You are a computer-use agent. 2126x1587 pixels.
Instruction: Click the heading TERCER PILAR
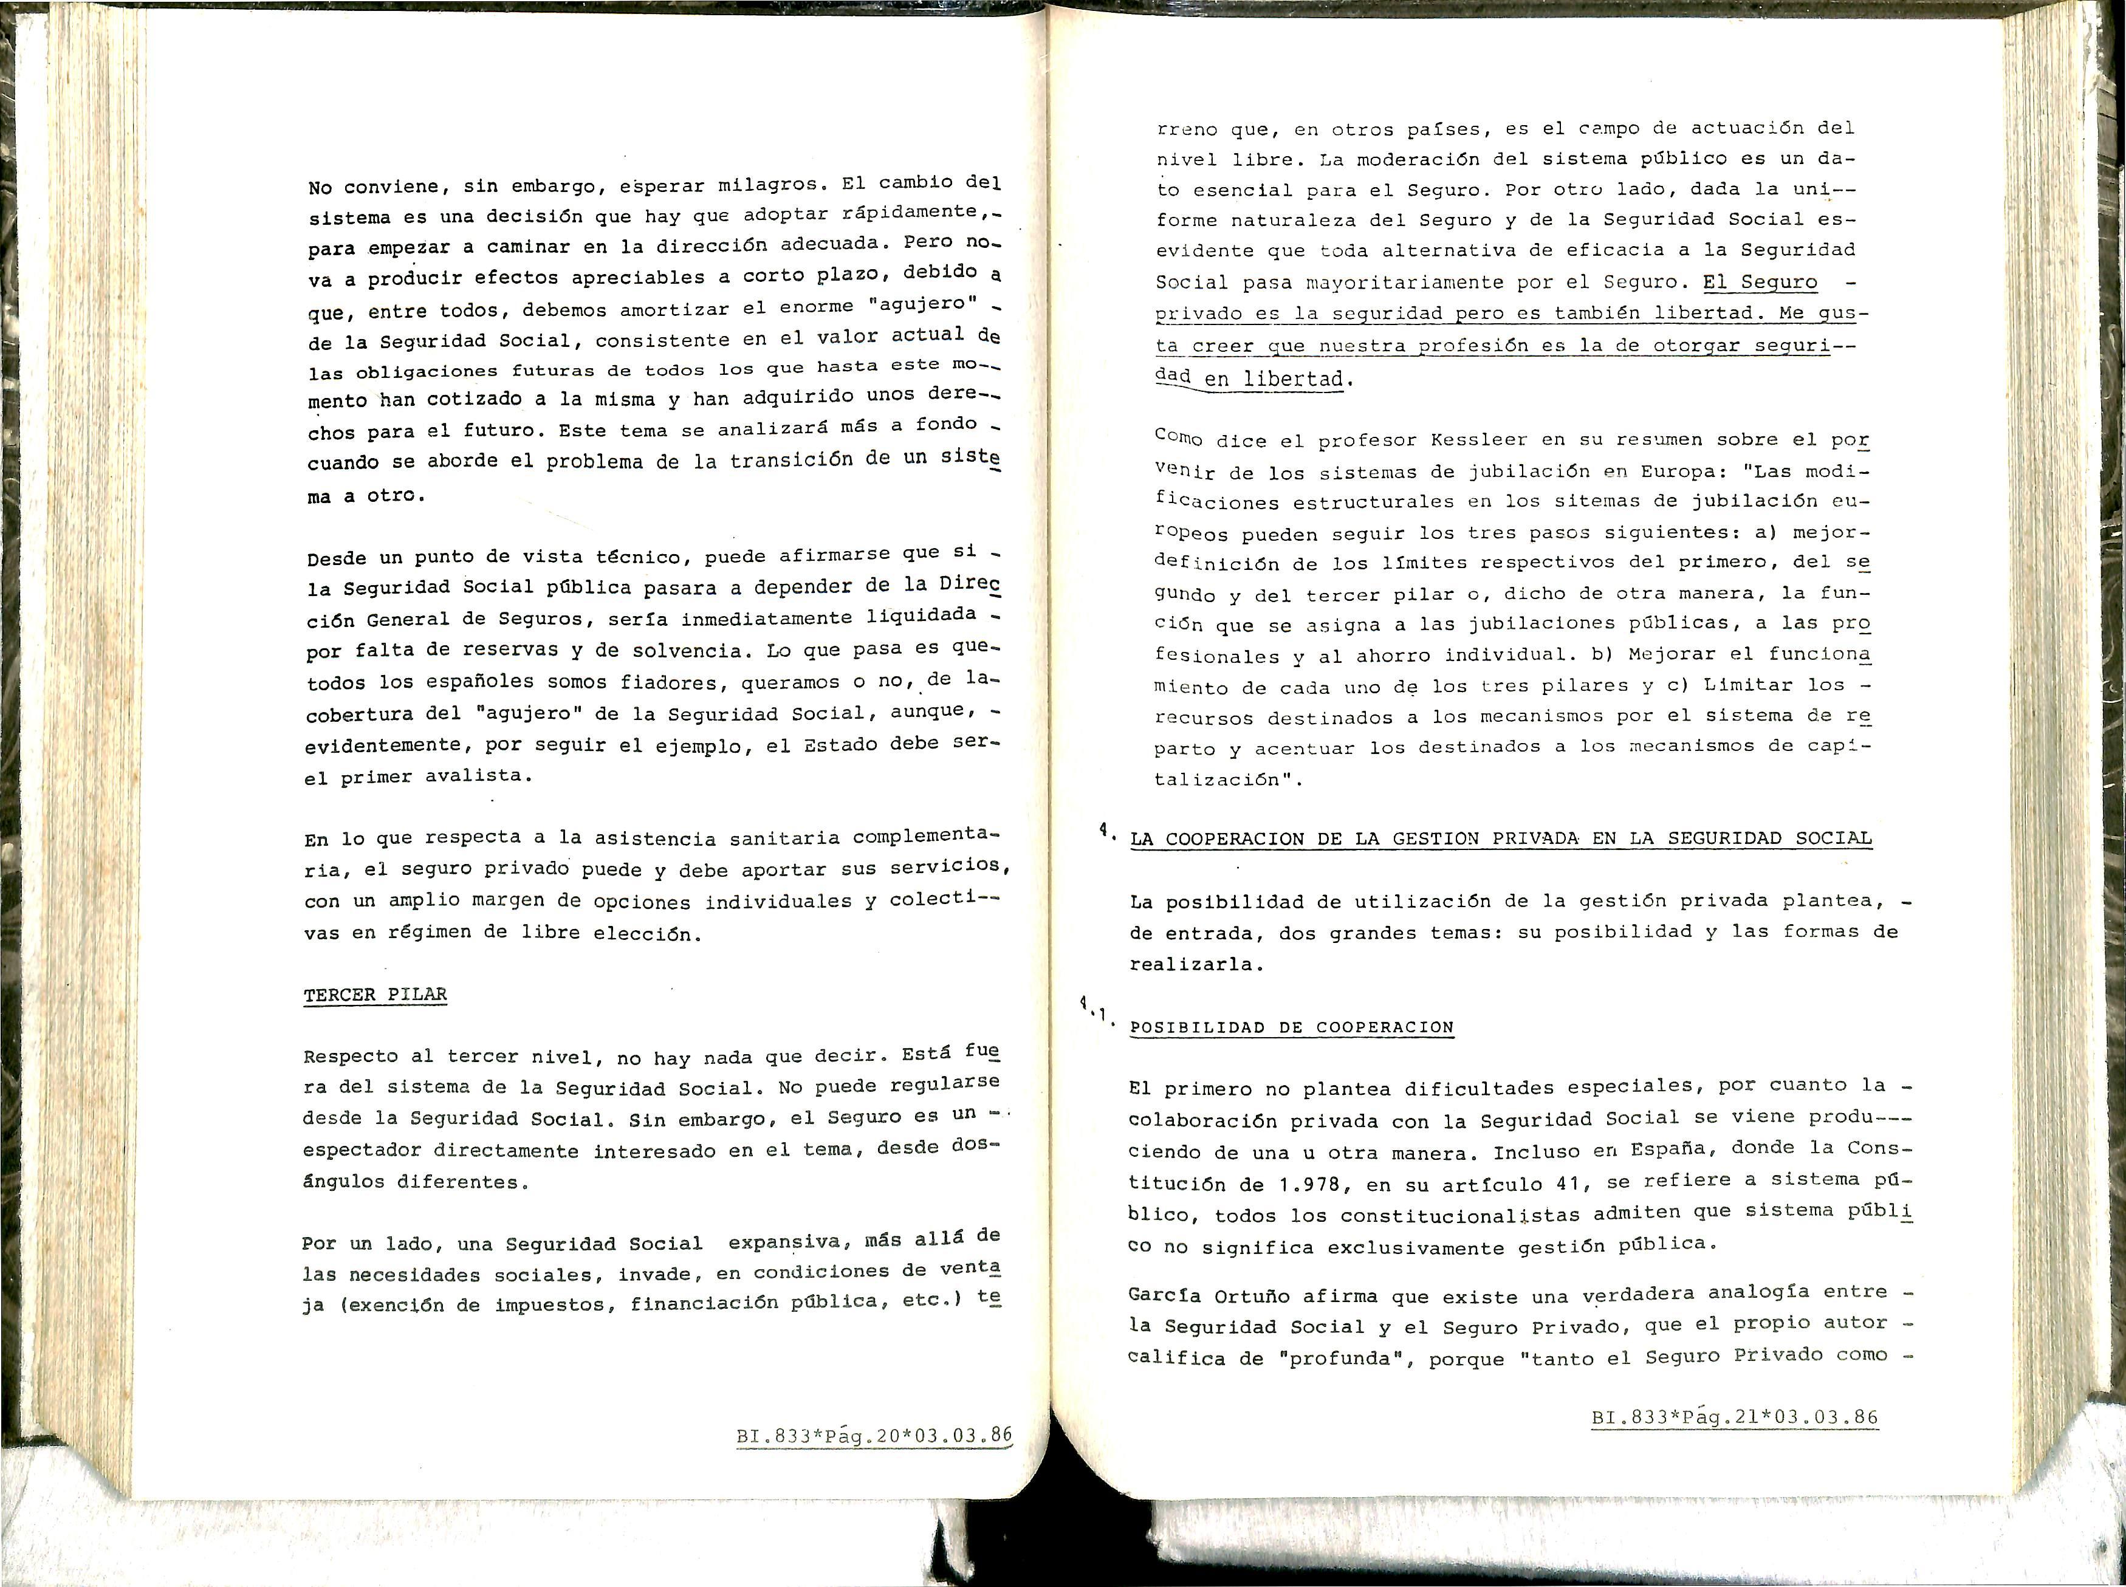pos(375,994)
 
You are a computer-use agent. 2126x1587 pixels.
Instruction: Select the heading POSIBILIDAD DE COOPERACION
pos(1291,1027)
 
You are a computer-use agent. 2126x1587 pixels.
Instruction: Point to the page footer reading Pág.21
pos(1734,1417)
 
